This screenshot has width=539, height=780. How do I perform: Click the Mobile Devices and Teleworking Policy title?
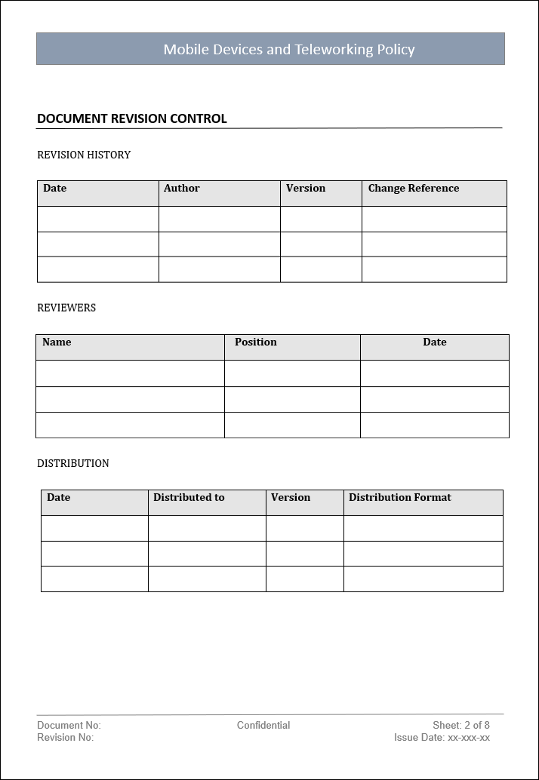(289, 50)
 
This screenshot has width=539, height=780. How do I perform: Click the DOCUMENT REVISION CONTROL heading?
(132, 118)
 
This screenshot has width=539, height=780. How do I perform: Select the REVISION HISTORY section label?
(84, 155)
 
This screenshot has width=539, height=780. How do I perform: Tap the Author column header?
(182, 189)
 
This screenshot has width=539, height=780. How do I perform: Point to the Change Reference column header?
(414, 189)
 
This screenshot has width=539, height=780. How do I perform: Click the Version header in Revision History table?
(306, 189)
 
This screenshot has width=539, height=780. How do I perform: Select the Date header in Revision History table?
(55, 189)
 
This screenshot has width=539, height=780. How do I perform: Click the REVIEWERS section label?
(66, 308)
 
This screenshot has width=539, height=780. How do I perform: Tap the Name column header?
(57, 342)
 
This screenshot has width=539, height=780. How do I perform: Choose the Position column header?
(256, 342)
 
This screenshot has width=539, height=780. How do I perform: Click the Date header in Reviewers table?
(435, 342)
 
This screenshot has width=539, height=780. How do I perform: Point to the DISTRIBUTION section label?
(73, 463)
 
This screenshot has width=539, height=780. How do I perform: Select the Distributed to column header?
(189, 498)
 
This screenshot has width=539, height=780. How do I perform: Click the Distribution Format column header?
(400, 498)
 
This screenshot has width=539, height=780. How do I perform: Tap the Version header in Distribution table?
(291, 498)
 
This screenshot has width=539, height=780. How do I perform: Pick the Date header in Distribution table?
(59, 498)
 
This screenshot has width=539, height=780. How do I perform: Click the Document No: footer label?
(69, 726)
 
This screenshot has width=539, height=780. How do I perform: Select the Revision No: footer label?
(66, 738)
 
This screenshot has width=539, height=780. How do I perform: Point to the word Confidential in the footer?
(263, 726)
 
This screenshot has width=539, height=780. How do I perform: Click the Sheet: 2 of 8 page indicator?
(461, 726)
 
